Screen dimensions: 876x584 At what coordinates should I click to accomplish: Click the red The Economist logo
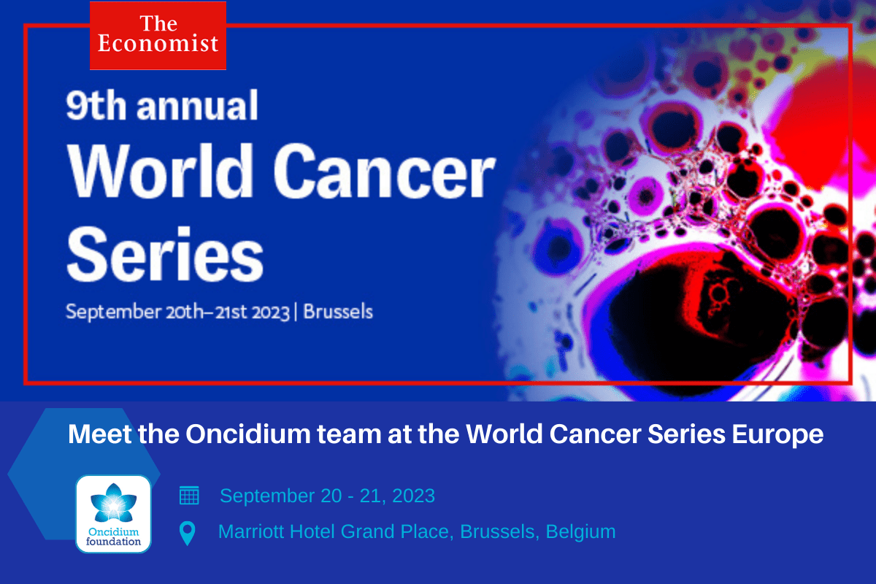point(158,36)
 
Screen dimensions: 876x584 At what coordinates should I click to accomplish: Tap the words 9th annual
point(162,105)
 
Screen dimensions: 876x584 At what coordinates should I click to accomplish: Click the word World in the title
point(161,171)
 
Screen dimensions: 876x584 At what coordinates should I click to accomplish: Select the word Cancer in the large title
point(385,171)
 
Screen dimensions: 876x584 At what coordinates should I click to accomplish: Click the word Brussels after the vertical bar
point(338,312)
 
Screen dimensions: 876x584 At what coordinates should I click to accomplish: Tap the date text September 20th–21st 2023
point(177,312)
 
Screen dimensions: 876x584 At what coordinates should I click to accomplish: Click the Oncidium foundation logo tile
point(113,514)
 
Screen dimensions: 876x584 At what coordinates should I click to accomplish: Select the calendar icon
point(189,496)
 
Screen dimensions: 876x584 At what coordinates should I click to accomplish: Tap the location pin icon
point(188,533)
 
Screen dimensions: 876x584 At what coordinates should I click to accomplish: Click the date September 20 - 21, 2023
point(327,496)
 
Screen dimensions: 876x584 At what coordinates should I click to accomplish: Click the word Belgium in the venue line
point(581,531)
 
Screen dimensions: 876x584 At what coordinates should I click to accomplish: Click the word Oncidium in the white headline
point(248,434)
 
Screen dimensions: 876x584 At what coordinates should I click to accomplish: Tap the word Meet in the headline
point(100,434)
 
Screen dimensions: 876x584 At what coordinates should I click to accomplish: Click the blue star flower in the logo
point(113,504)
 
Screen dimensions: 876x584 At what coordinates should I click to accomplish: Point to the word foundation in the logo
point(113,542)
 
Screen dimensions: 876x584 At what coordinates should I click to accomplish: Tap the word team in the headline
point(349,434)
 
